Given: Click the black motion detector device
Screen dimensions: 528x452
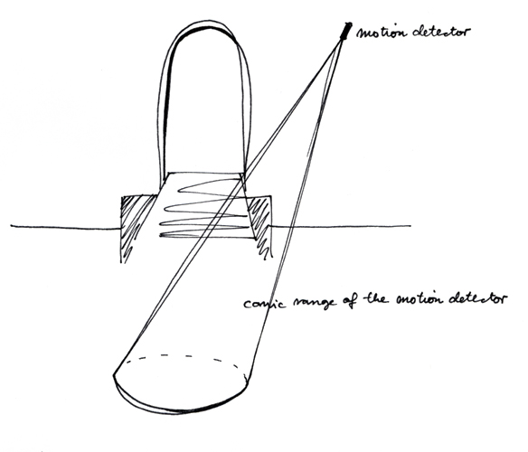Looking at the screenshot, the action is click(346, 31).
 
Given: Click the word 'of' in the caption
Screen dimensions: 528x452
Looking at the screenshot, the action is click(351, 299).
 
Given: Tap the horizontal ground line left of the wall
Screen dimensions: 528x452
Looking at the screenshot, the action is click(65, 228).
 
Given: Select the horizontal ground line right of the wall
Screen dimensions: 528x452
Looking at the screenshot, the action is click(340, 226).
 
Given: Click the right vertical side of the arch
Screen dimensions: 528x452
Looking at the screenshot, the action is click(247, 111).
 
